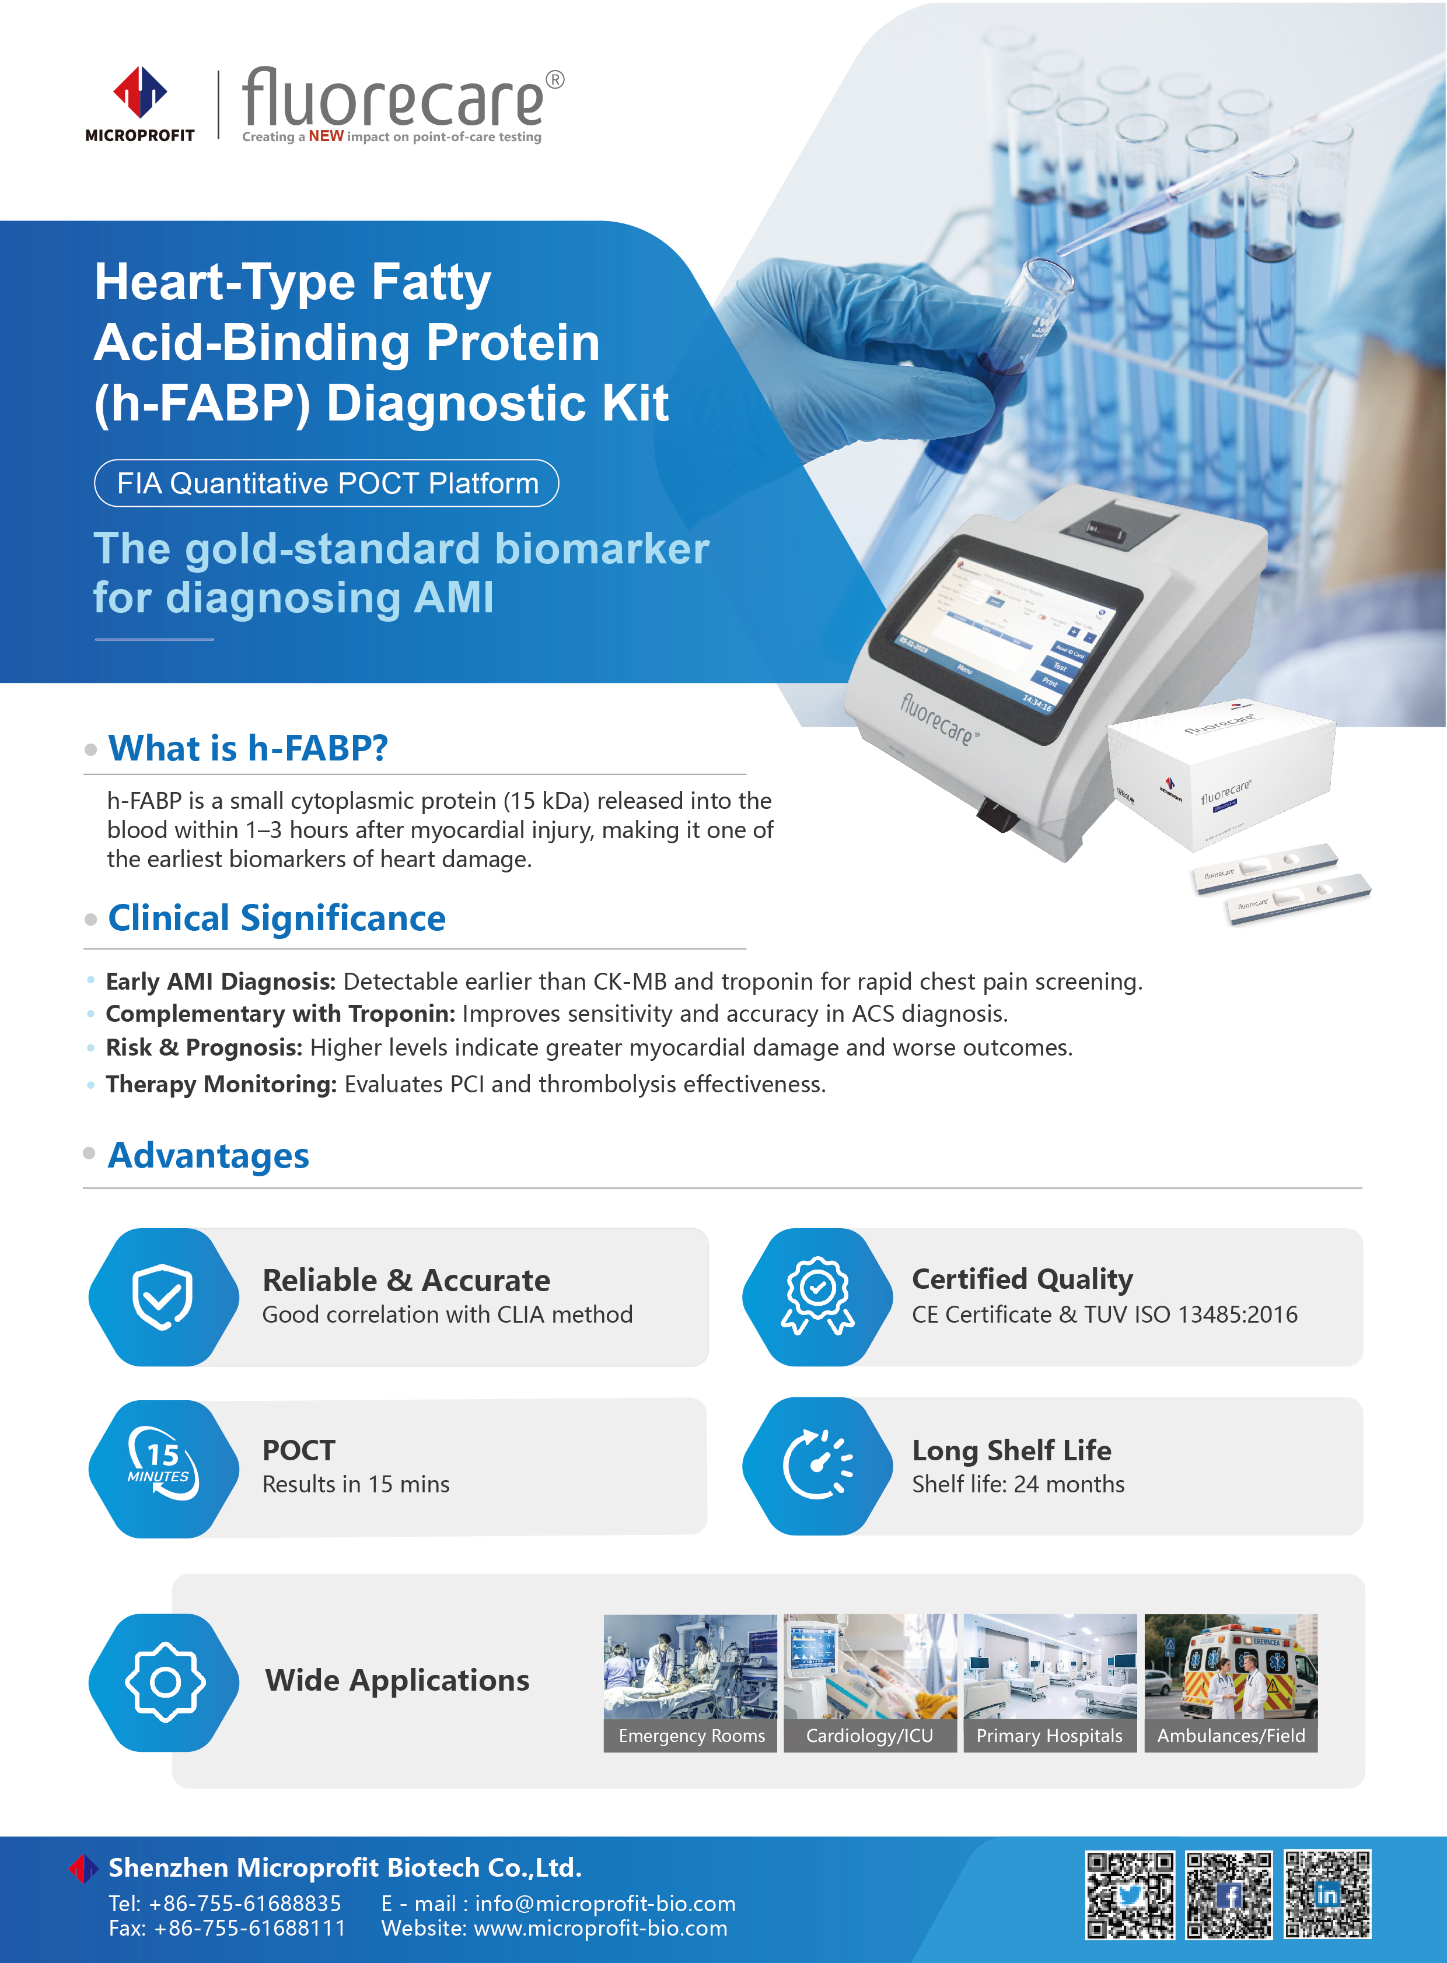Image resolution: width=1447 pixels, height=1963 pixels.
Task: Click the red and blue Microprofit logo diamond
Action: point(140,92)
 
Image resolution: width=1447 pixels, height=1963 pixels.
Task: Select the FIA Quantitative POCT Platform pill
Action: point(327,483)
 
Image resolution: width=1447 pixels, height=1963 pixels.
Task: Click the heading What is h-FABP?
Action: point(248,749)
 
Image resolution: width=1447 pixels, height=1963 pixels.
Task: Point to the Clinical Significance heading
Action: point(277,919)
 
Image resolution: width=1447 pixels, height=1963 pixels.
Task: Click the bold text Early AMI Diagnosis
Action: point(221,981)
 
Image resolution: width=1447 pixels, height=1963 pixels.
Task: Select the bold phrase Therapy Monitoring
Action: point(221,1084)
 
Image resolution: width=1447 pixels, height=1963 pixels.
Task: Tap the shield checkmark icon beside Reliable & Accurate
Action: point(163,1296)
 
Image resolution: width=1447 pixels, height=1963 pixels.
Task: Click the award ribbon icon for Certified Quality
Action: point(818,1296)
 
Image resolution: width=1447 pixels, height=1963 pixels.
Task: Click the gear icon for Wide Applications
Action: point(165,1682)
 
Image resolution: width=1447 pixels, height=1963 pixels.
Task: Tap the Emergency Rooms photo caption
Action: point(691,1736)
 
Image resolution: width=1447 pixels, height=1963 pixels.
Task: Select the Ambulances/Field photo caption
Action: point(1231,1736)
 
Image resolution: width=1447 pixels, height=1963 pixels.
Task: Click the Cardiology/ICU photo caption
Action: point(870,1736)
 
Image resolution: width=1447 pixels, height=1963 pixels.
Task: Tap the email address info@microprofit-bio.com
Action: point(604,1904)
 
